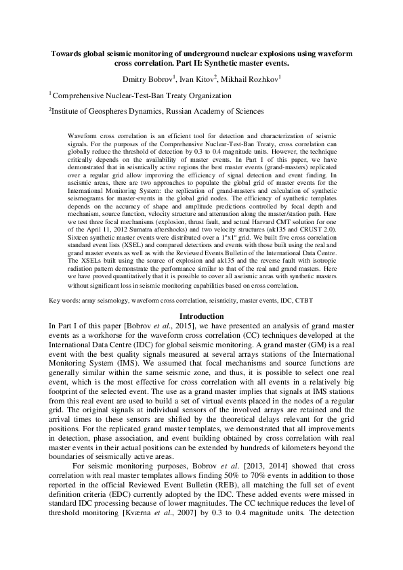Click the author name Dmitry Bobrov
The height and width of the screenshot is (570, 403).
pos(150,79)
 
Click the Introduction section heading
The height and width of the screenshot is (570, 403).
pos(200,317)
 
